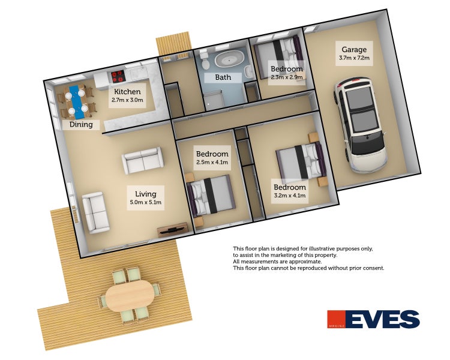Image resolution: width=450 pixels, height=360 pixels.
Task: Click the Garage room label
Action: tap(354, 53)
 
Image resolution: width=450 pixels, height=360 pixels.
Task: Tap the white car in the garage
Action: tap(359, 125)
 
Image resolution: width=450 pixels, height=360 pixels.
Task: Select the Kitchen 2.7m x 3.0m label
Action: tap(127, 95)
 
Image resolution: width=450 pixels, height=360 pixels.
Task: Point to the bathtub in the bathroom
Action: tap(230, 60)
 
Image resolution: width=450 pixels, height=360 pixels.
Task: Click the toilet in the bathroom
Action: tap(205, 60)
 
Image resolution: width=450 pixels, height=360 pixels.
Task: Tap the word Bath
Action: tap(223, 77)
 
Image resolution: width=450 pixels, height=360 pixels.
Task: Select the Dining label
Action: tap(81, 125)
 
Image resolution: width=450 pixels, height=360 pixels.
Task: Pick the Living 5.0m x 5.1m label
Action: tap(146, 198)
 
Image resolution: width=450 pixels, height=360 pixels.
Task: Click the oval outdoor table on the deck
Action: tap(130, 296)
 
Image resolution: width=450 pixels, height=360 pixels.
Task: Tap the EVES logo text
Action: tap(383, 319)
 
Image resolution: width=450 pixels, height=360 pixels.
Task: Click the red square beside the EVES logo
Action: tap(336, 319)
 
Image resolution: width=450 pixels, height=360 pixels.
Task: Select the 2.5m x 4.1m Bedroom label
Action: tap(212, 158)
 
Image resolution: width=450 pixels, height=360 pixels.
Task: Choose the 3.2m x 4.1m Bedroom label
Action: tap(290, 191)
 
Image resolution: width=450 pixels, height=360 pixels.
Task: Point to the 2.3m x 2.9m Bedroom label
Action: tap(286, 73)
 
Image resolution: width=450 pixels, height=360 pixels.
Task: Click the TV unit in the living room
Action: tap(173, 230)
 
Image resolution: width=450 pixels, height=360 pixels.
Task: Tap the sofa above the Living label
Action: tap(143, 160)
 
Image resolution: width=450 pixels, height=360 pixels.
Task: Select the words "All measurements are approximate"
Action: tap(278, 262)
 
